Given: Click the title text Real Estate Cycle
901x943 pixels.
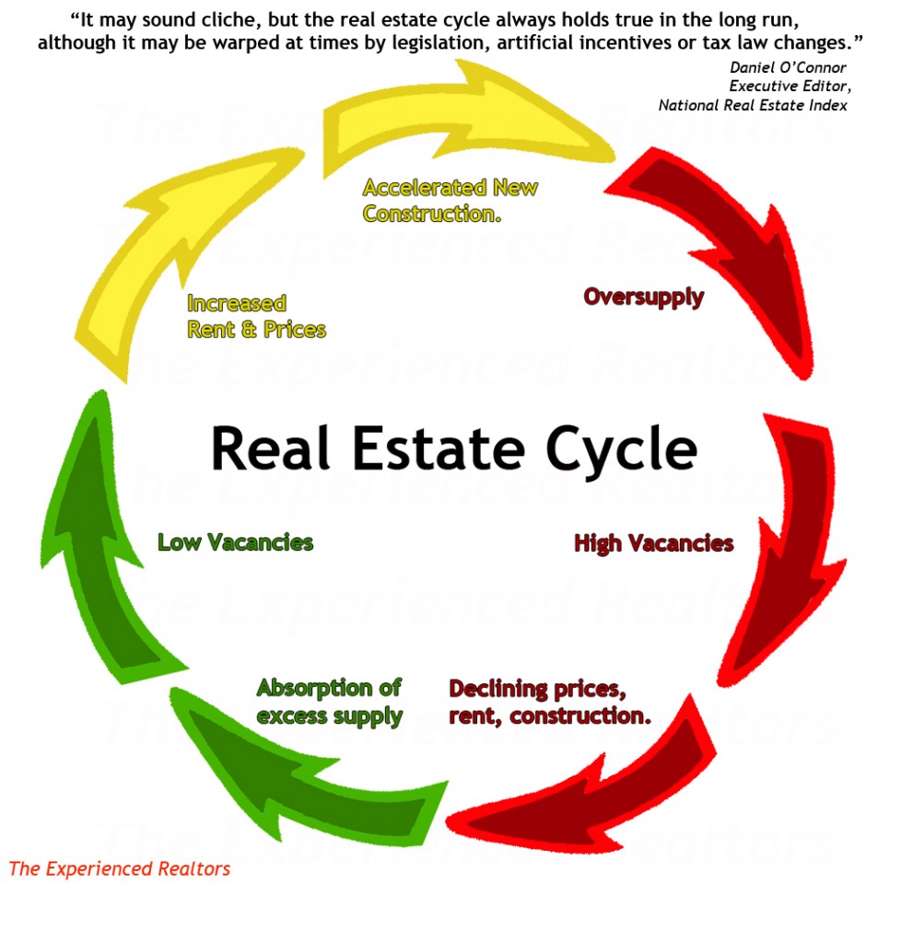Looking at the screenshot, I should click(x=453, y=448).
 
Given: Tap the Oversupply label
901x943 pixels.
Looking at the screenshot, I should click(x=643, y=297).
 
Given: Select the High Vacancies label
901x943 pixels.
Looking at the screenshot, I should click(x=653, y=543).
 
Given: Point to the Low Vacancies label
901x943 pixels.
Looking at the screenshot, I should click(x=235, y=542).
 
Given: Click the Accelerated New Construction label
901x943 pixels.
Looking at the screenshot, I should click(x=450, y=201).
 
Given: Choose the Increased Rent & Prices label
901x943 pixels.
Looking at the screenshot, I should click(x=256, y=317).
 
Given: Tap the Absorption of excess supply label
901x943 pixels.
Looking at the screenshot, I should click(x=329, y=702).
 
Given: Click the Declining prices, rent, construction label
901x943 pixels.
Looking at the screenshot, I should click(x=549, y=702).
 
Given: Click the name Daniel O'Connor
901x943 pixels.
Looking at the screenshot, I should click(x=788, y=67).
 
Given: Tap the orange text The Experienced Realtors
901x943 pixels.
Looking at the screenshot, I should click(x=120, y=868).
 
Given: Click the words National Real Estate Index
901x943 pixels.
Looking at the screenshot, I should click(x=753, y=105).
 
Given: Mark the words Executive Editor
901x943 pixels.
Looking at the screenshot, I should click(x=789, y=87).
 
